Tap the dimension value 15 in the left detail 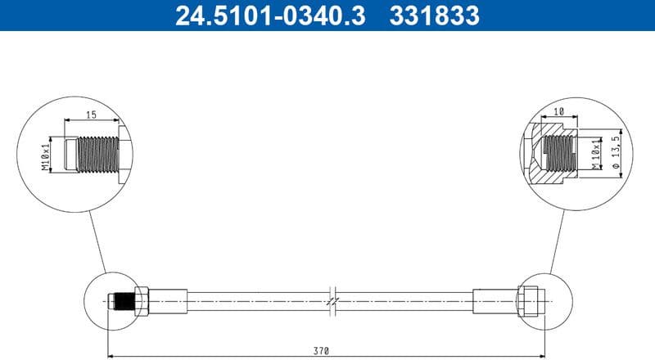pyautogui.click(x=90, y=115)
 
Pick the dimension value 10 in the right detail pyautogui.click(x=559, y=112)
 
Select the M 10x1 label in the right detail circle pyautogui.click(x=595, y=154)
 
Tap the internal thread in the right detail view pyautogui.click(x=558, y=153)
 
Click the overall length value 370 pyautogui.click(x=320, y=350)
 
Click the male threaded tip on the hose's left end pyautogui.click(x=122, y=301)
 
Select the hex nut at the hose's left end pyautogui.click(x=141, y=301)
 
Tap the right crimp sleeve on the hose pyautogui.click(x=495, y=301)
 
